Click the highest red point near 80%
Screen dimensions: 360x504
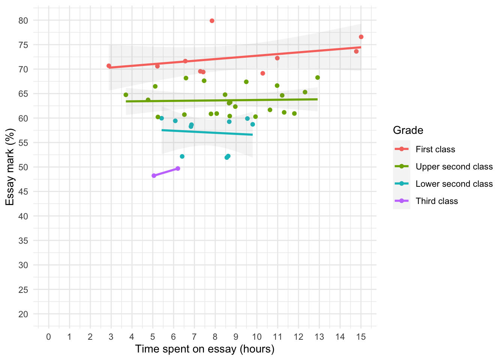pos(212,21)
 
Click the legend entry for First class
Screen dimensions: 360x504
pos(435,149)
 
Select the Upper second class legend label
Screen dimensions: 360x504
pos(454,166)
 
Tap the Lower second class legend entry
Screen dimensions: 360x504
pos(454,184)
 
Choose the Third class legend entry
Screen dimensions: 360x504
pos(436,201)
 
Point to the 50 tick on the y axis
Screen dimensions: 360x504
pos(23,167)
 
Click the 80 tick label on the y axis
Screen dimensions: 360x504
pos(23,21)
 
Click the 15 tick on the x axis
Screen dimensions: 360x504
pos(361,337)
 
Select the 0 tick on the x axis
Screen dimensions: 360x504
pos(49,337)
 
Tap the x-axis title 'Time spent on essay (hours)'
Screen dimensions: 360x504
pos(205,349)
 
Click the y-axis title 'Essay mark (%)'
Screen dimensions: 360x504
pos(10,167)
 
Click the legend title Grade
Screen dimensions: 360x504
pos(408,130)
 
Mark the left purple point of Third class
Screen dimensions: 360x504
pos(154,175)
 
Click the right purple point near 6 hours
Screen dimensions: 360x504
pos(178,168)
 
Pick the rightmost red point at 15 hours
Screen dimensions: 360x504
pos(361,37)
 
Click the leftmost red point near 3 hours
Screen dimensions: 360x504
pos(109,66)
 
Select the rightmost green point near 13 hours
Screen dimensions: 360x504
pos(318,78)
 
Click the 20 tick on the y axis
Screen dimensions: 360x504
pos(23,314)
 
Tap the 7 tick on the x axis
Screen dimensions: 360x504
pos(194,337)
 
